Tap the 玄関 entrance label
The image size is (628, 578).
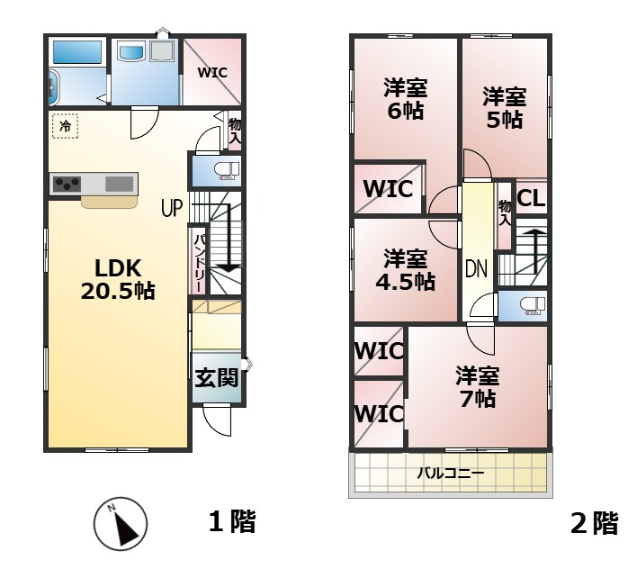216,378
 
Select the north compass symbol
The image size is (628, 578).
121,524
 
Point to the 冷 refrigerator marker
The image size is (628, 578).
65,127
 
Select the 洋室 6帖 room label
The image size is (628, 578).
406,99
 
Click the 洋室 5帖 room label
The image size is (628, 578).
504,107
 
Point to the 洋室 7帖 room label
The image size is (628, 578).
477,386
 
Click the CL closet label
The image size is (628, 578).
531,198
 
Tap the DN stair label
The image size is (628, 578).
476,268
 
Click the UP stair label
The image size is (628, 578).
172,209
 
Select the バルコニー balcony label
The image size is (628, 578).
450,472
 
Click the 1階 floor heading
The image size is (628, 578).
232,521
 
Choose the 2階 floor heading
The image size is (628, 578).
595,523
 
